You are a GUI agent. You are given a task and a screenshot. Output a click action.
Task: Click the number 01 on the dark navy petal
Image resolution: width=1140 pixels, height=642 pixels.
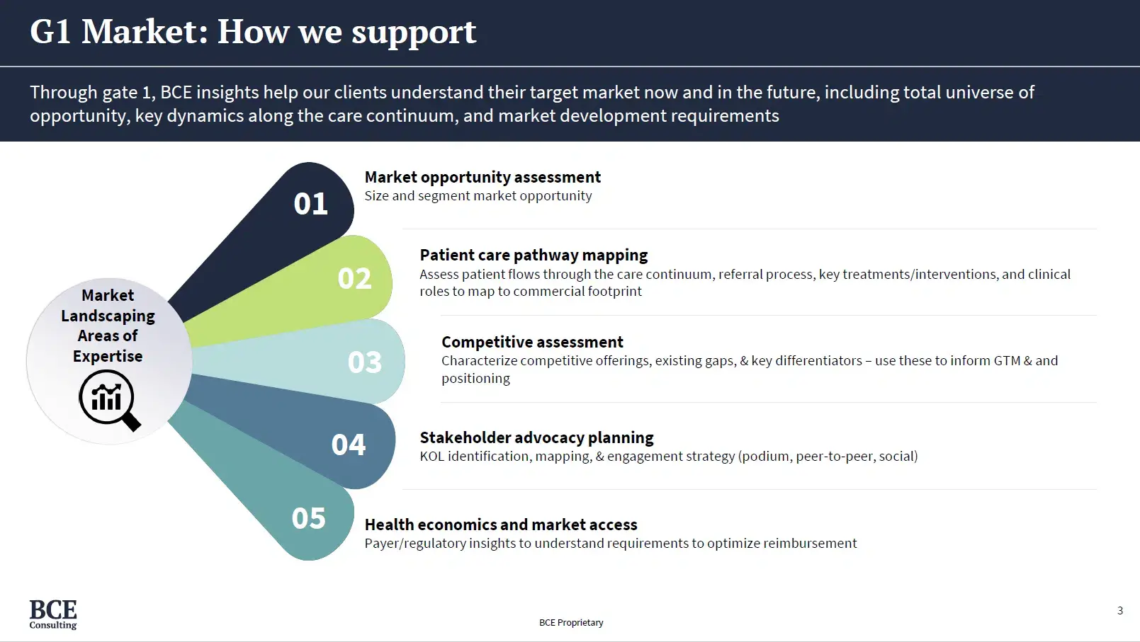coord(310,204)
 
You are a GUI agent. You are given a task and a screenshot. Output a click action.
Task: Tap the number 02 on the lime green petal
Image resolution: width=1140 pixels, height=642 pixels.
coord(354,278)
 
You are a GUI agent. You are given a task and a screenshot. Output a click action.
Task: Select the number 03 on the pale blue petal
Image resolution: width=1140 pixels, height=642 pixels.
coord(364,362)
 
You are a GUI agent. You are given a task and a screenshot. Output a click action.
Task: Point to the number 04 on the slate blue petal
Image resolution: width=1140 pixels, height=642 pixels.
coord(348,445)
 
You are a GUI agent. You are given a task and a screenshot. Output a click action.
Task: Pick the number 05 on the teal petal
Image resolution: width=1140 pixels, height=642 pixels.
coord(308,518)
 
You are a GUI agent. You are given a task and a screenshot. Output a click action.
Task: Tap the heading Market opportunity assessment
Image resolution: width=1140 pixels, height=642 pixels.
coord(482,177)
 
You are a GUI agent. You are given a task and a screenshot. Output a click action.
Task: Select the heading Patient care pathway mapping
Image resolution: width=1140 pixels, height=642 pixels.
coord(533,255)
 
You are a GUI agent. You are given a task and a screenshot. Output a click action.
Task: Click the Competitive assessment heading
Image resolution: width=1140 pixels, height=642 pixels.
coord(531,342)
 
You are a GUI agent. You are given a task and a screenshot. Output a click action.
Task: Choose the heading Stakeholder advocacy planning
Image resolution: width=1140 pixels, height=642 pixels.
coord(536,437)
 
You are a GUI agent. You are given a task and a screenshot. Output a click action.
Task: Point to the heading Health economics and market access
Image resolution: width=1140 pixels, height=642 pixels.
coord(500,525)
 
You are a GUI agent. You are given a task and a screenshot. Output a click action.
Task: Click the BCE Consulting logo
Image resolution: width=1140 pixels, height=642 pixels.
coord(53,614)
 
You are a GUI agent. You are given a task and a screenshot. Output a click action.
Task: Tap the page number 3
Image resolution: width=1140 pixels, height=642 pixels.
coord(1119,610)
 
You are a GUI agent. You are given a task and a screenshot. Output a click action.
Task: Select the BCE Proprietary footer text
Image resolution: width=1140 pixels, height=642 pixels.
coord(570,622)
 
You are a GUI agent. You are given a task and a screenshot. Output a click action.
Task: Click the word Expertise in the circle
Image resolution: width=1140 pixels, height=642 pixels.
coord(108,356)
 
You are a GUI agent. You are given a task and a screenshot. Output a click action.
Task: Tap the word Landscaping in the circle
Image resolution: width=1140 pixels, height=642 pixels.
coord(108,316)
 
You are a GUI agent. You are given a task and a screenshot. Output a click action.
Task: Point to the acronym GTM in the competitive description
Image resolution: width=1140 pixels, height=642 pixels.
coord(1006,360)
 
